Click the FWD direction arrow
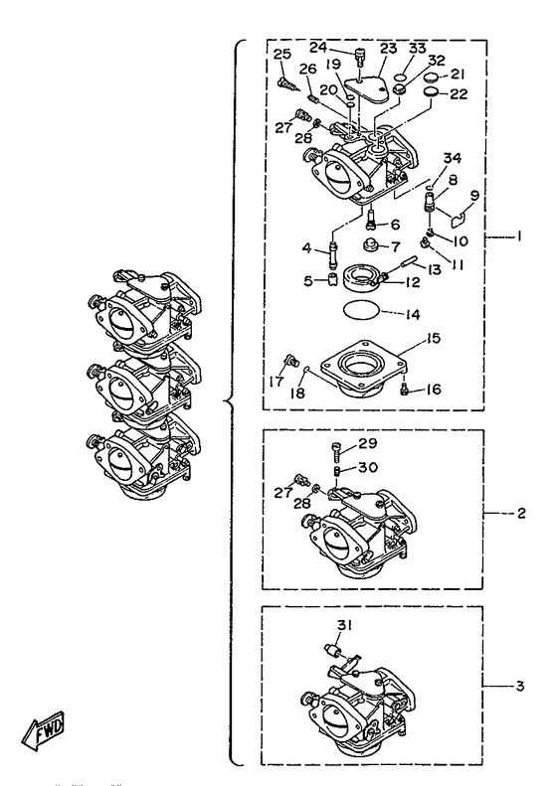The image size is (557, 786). coord(43,730)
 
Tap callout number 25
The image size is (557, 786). coord(282,54)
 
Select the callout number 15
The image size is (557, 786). coord(433,339)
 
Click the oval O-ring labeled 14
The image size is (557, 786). coord(361,310)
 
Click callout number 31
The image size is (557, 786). coord(344,625)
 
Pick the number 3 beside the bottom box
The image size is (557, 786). coord(519,686)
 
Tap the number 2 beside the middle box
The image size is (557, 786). coord(520,513)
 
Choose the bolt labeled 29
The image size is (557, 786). coord(337,453)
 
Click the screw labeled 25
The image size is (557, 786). coord(287,85)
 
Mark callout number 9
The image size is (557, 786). coord(474,195)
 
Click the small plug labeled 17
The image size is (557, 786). coord(290,360)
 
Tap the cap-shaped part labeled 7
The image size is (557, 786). coord(369,246)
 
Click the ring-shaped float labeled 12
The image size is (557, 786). coord(361,279)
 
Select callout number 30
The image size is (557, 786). coord(368,467)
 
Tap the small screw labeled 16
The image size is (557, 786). coord(404,390)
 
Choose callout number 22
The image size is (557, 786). coord(459,93)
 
